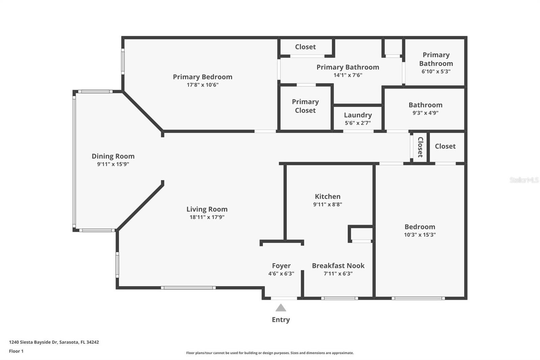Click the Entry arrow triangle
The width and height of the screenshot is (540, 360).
(x=281, y=308)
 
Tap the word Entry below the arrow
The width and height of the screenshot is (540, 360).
(x=281, y=320)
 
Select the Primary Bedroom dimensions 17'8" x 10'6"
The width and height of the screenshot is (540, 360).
(x=202, y=85)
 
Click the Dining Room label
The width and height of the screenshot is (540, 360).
(x=113, y=156)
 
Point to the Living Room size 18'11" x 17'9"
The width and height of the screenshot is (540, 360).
(x=207, y=217)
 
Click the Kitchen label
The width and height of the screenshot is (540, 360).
(x=328, y=197)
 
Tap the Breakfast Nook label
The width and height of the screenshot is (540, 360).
(x=338, y=266)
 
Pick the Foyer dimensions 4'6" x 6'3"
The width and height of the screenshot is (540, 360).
(x=281, y=274)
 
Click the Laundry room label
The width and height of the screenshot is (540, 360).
(x=358, y=115)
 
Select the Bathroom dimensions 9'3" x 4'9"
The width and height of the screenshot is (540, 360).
(x=426, y=113)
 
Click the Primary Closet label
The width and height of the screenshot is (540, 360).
(x=305, y=106)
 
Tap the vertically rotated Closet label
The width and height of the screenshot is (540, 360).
(x=421, y=147)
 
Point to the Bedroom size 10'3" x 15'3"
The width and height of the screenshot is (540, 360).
(x=420, y=234)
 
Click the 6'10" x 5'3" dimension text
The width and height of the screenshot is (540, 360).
(x=436, y=71)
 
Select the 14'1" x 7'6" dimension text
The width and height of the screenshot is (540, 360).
(x=348, y=75)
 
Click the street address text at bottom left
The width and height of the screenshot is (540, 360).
(x=54, y=342)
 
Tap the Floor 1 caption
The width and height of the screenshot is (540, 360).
(x=16, y=351)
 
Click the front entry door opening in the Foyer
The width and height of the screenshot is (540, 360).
(x=284, y=299)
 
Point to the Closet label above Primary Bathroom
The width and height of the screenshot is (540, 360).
(x=305, y=47)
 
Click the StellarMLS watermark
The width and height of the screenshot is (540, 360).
(x=524, y=180)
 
